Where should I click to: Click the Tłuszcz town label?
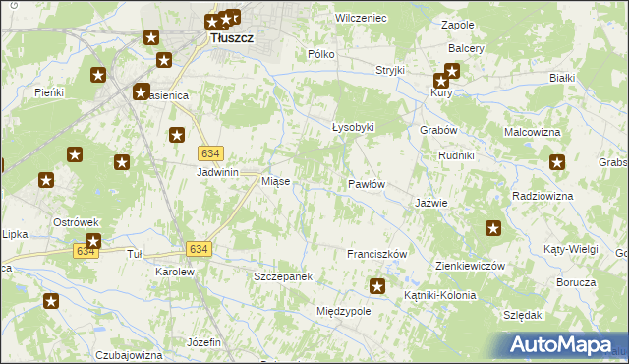[x=232, y=38]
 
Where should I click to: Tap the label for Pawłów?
[x=366, y=184]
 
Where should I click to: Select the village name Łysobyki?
[x=353, y=128]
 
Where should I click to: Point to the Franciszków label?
[x=376, y=254]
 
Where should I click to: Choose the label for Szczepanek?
[x=283, y=277]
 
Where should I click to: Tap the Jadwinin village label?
[x=218, y=171]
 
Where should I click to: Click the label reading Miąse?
[x=274, y=182]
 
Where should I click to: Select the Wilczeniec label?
[x=361, y=19]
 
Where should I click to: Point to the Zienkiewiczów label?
[x=469, y=267]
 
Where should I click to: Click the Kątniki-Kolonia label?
[x=439, y=295]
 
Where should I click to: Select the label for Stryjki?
[x=390, y=71]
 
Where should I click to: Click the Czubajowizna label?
[x=129, y=355]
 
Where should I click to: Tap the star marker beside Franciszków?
[x=376, y=286]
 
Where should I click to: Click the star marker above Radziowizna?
[x=558, y=163]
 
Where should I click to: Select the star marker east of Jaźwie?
[x=493, y=229]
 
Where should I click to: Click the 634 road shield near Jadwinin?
[x=210, y=153]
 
